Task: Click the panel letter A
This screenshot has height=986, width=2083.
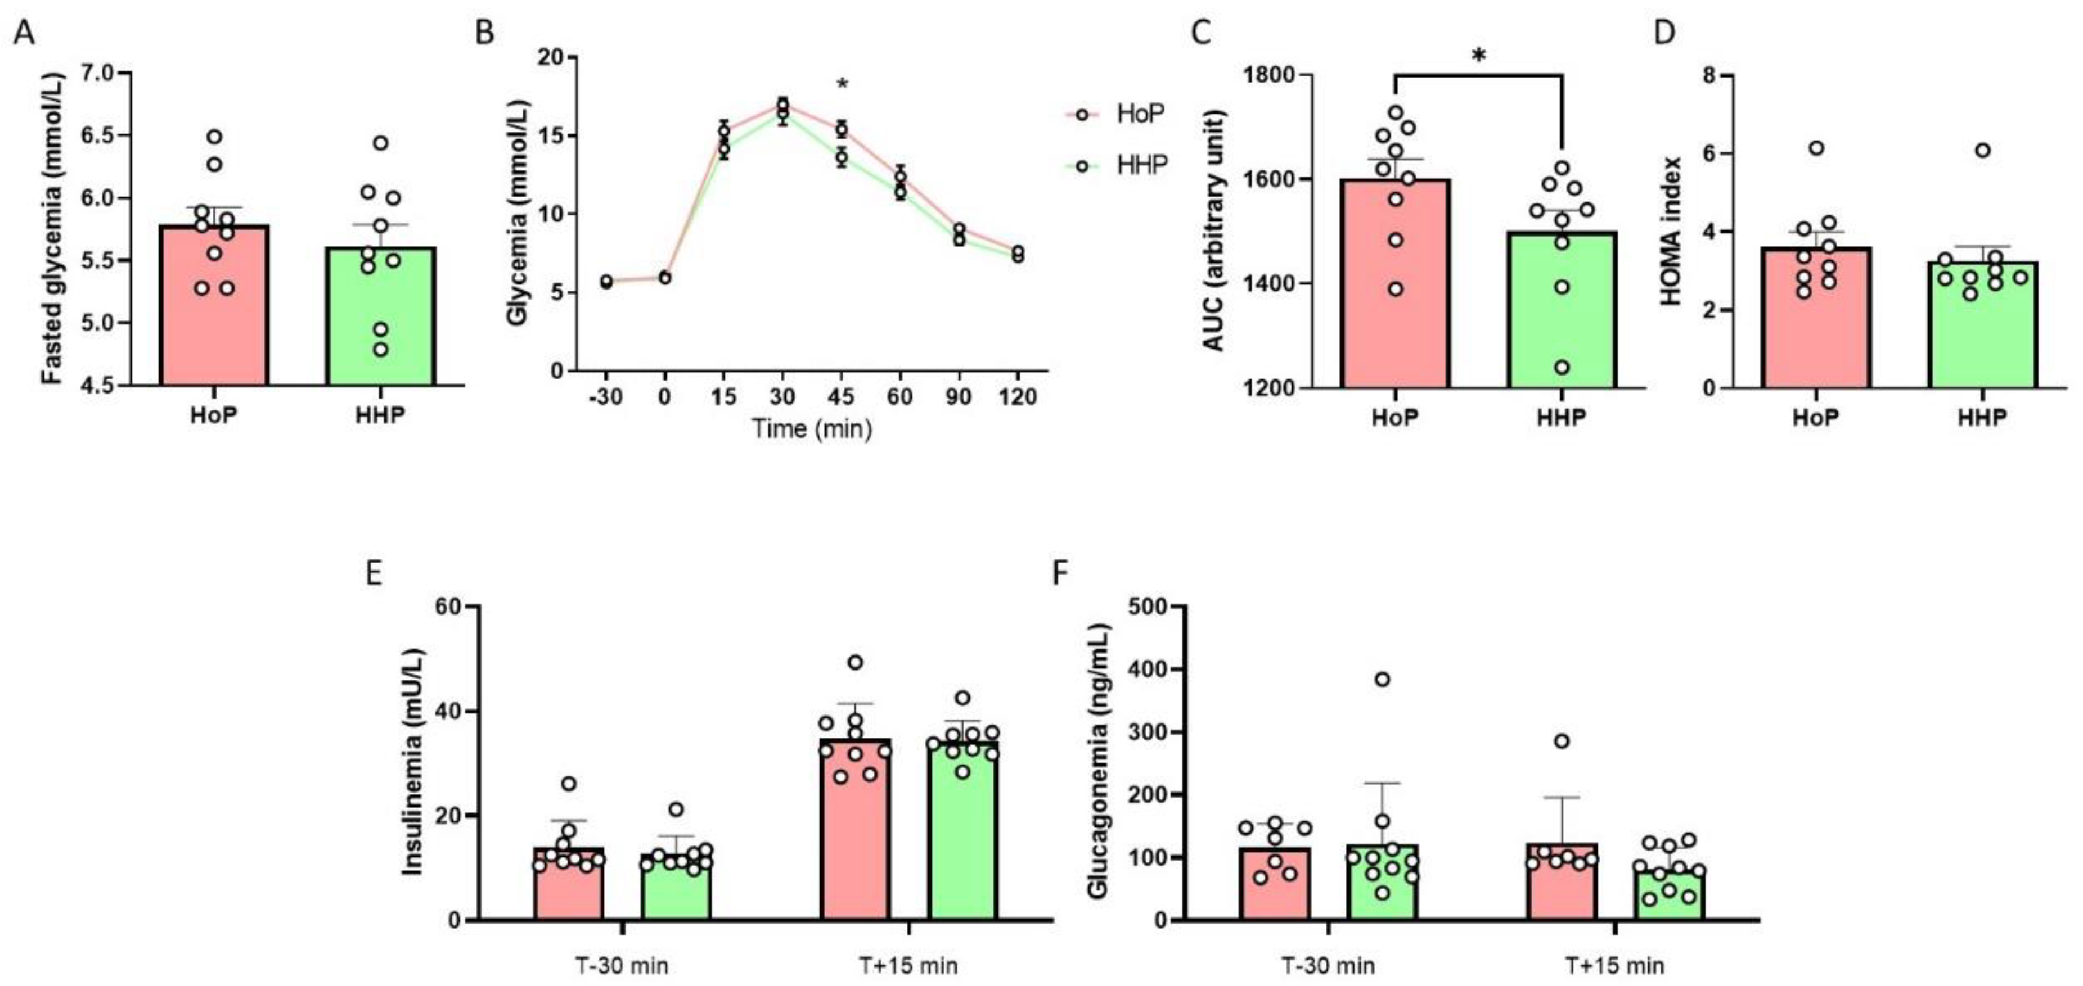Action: point(24,34)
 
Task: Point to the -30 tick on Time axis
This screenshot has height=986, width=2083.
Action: point(606,397)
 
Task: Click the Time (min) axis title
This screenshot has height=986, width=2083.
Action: point(812,428)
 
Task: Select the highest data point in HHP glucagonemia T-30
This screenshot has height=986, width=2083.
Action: point(1383,679)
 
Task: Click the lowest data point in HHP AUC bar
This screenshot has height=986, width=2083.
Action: point(1562,368)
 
